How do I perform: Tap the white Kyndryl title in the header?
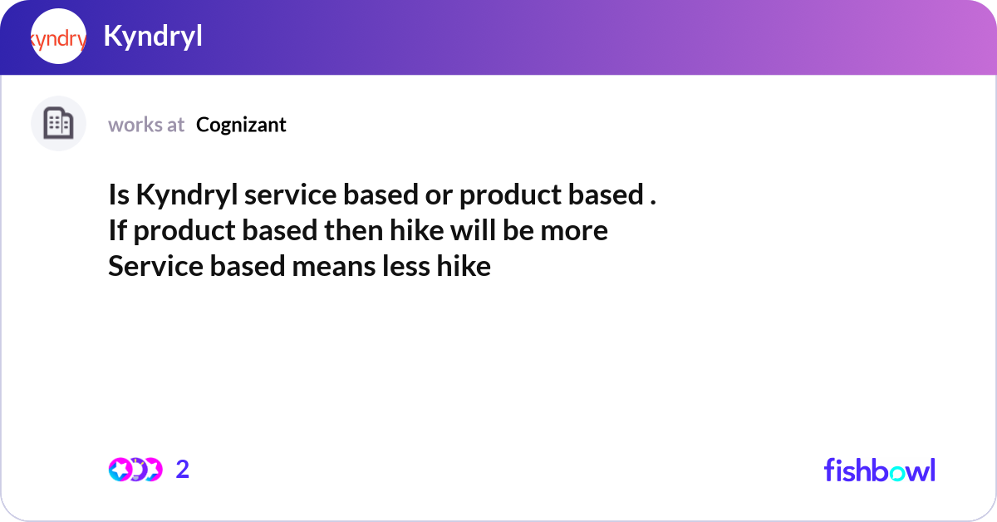(x=153, y=37)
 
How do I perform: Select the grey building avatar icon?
(x=58, y=124)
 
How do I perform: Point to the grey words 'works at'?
(x=146, y=125)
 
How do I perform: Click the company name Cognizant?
(x=241, y=125)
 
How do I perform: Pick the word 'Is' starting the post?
(x=119, y=195)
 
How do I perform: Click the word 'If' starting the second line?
(x=117, y=230)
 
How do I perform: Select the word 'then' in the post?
(x=352, y=230)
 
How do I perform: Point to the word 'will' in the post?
(x=473, y=230)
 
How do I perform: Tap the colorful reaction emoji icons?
(x=135, y=470)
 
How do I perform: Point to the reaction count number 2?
(x=183, y=470)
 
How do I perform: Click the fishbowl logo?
(x=879, y=470)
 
